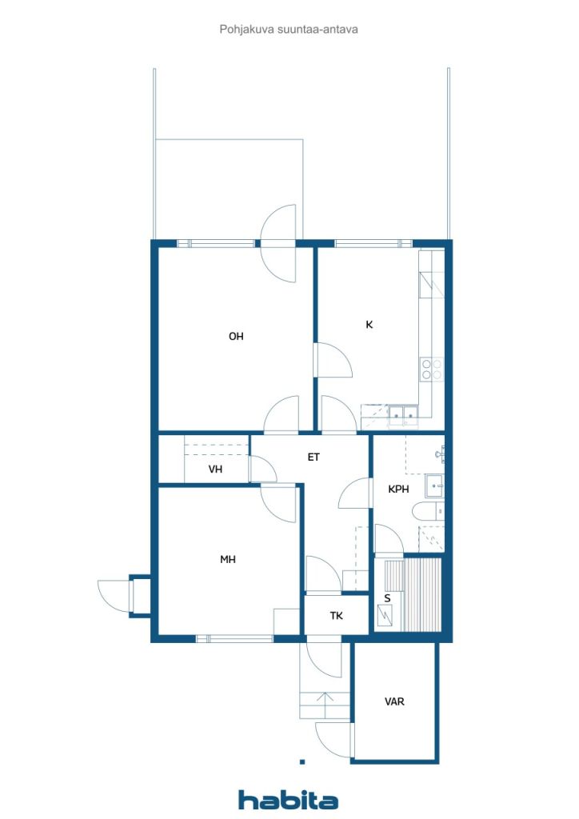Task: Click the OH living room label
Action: [236, 337]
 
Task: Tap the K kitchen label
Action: [369, 325]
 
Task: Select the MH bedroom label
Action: [228, 559]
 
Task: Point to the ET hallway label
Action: [313, 457]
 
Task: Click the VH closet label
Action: [216, 469]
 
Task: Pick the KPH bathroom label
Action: [398, 489]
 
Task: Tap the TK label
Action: [336, 617]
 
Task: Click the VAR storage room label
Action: [394, 701]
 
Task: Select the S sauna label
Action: [387, 598]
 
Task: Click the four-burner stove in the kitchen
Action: [432, 369]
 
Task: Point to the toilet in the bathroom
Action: [428, 511]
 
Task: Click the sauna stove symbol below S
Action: [387, 615]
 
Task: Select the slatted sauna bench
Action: [423, 594]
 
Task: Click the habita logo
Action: [288, 800]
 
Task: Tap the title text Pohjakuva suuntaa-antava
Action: [289, 30]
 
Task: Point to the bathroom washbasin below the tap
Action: [434, 485]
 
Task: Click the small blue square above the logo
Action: [302, 762]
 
